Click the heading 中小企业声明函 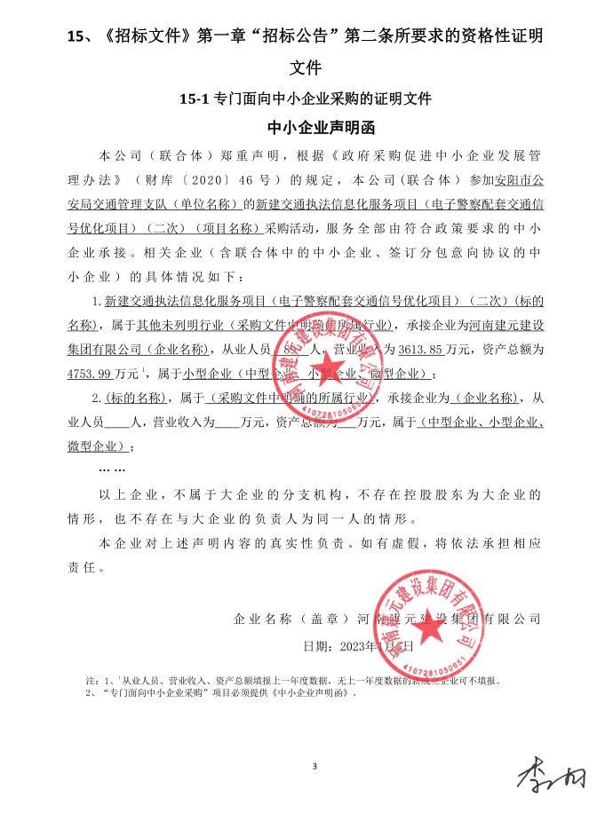pyautogui.click(x=306, y=125)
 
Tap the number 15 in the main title pyautogui.click(x=77, y=37)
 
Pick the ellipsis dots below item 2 pyautogui.click(x=112, y=468)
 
